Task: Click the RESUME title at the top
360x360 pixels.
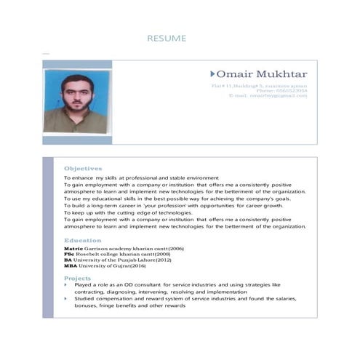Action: click(167, 38)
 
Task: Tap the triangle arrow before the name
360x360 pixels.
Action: click(212, 74)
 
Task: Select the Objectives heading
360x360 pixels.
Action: click(83, 168)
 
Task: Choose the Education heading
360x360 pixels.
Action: click(82, 240)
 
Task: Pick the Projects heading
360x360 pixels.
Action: click(77, 279)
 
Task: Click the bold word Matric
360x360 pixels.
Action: click(73, 249)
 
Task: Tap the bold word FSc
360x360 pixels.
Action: click(68, 254)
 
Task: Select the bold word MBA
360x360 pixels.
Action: click(70, 265)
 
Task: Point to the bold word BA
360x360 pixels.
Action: click(68, 260)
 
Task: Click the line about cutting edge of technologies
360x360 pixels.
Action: click(128, 212)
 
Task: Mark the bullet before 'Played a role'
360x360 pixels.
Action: click(66, 285)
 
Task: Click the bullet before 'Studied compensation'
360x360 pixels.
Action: click(66, 299)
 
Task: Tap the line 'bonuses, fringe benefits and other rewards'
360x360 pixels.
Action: click(129, 306)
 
